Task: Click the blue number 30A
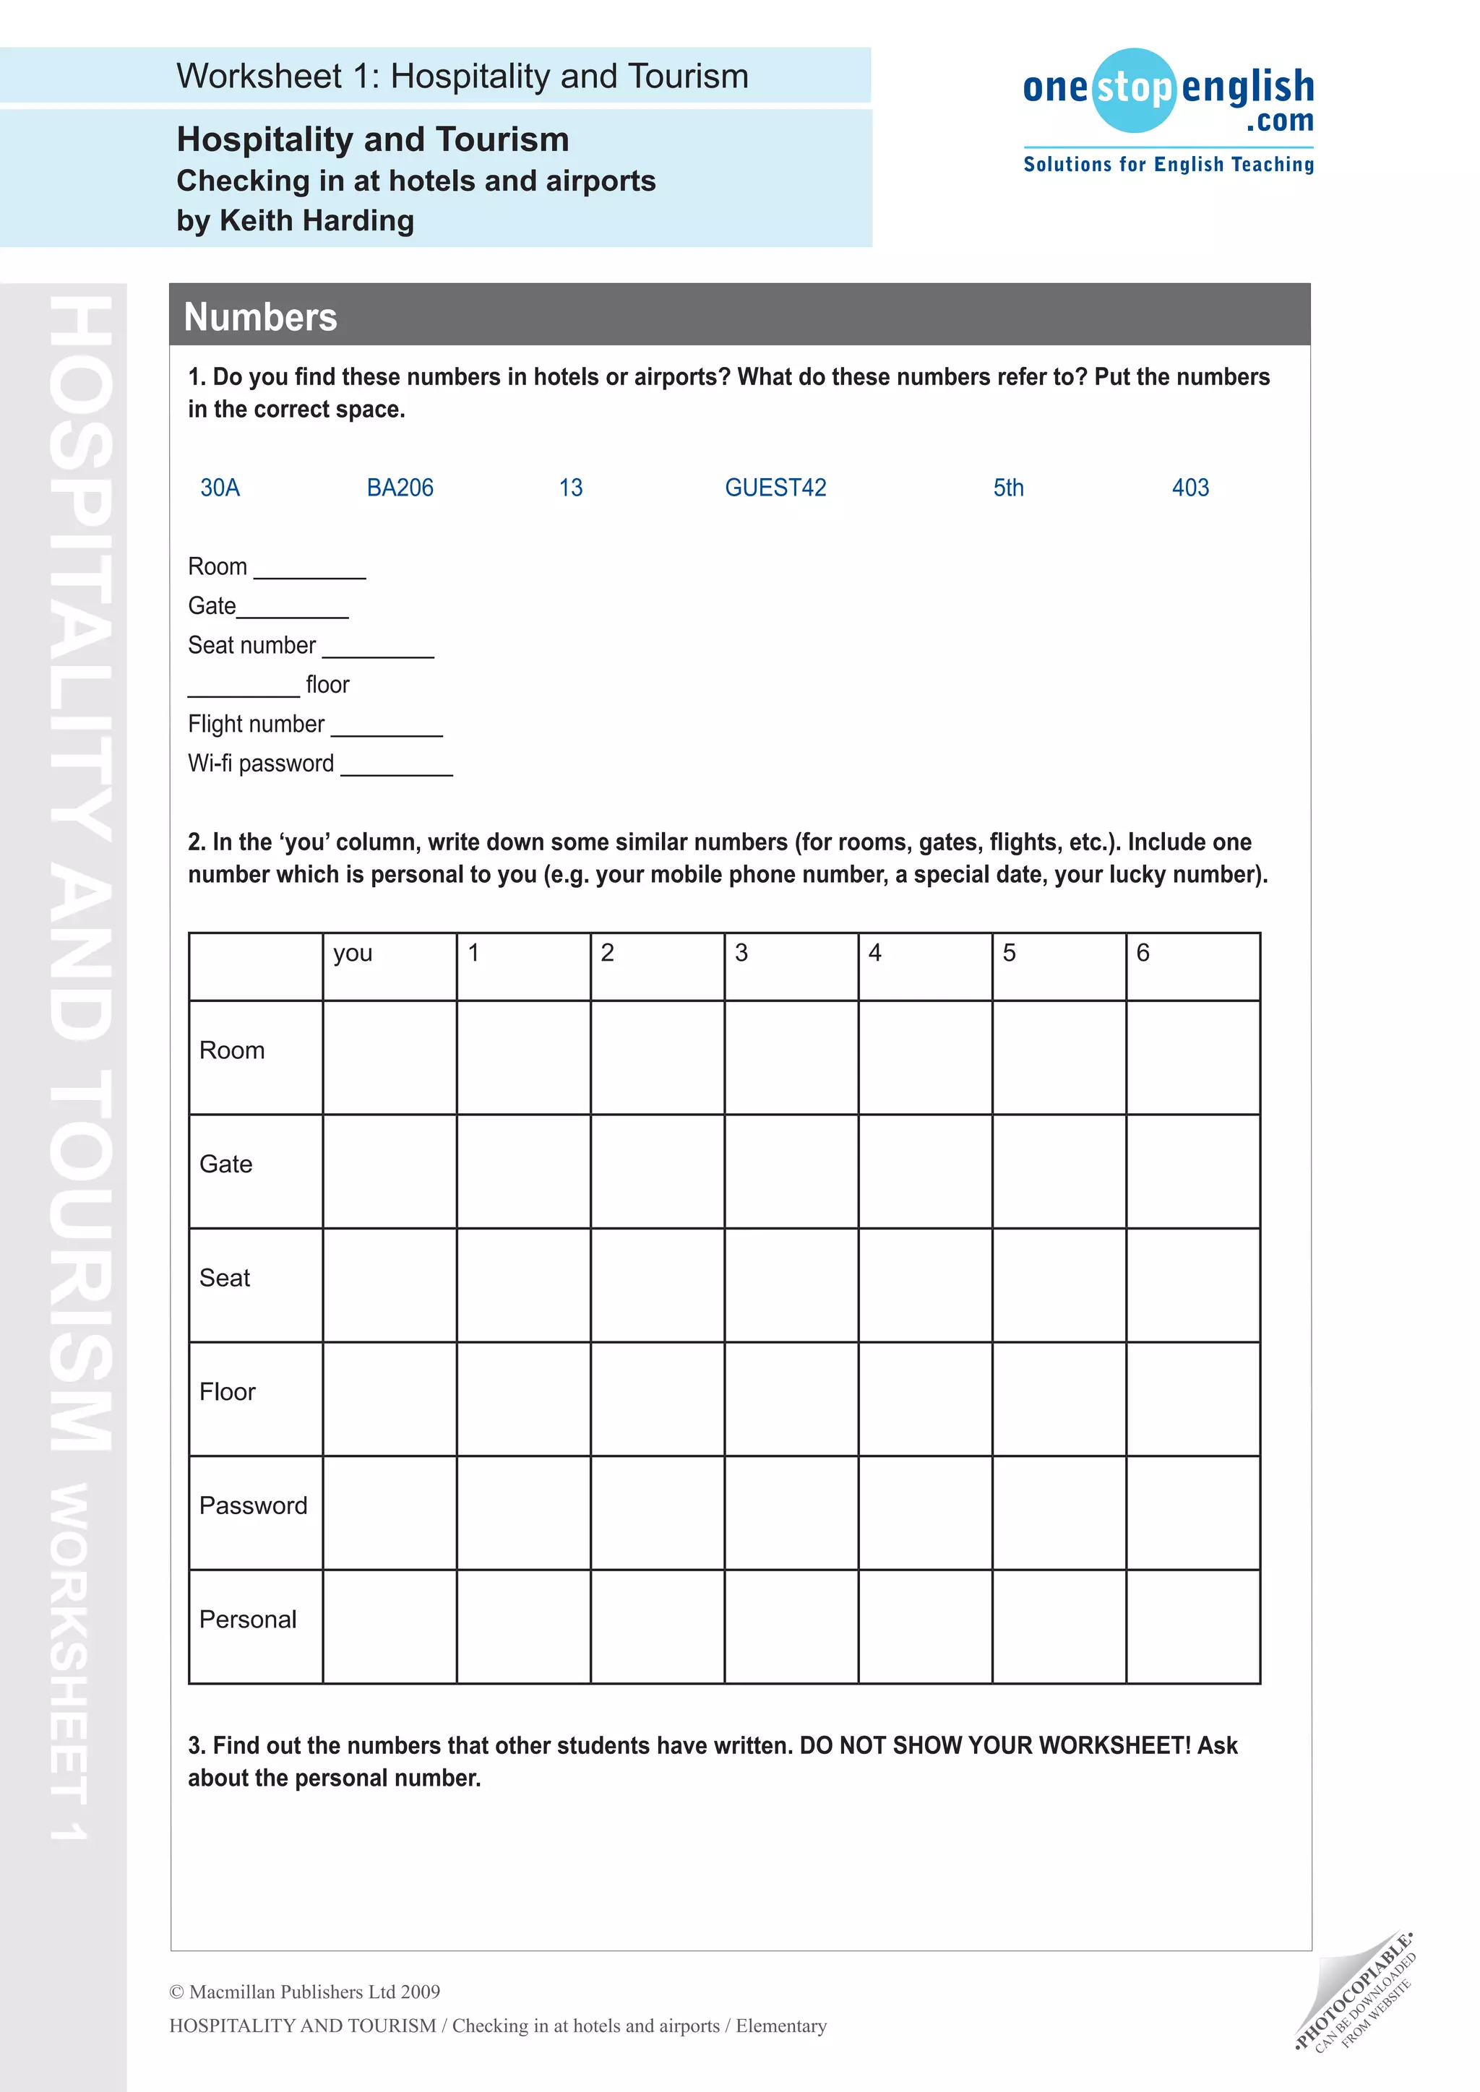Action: pyautogui.click(x=220, y=488)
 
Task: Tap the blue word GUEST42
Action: pyautogui.click(x=775, y=488)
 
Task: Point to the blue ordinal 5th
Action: pyautogui.click(x=1008, y=488)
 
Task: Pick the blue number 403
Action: pyautogui.click(x=1190, y=488)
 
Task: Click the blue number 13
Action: pyautogui.click(x=570, y=488)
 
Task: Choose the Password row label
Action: pyautogui.click(x=254, y=1505)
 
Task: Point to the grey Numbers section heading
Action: pyautogui.click(x=261, y=316)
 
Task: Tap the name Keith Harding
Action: pyautogui.click(x=317, y=220)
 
